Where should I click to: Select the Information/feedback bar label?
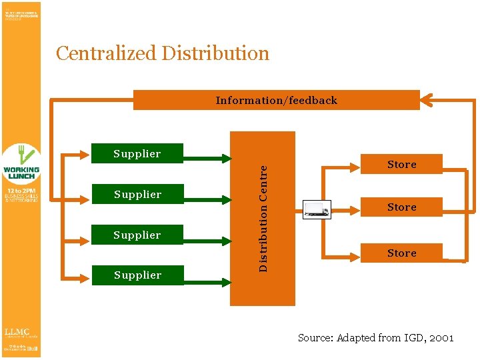point(276,101)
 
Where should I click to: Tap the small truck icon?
point(317,209)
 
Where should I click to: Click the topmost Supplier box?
point(137,153)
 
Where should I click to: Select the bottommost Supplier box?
point(137,275)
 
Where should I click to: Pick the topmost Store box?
point(401,164)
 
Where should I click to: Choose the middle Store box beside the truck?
point(401,207)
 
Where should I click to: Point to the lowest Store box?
point(401,253)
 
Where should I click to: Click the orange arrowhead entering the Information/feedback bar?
point(427,101)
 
